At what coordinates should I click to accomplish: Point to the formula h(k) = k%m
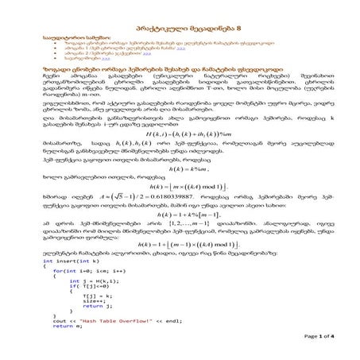pos(181,191)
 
